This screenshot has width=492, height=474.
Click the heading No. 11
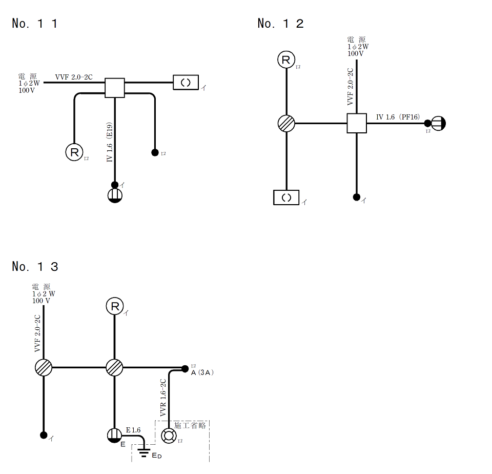click(x=34, y=24)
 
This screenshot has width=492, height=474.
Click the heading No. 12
click(x=280, y=24)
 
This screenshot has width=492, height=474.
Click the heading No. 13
click(x=35, y=267)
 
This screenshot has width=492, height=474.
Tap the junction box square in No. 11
click(x=114, y=88)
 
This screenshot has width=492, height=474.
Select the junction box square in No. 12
click(x=357, y=123)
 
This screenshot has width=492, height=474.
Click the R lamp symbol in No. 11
click(x=74, y=152)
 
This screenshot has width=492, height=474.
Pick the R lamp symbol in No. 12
click(x=286, y=60)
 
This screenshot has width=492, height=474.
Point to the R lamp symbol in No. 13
click(x=115, y=306)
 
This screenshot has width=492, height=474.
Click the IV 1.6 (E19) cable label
click(x=109, y=142)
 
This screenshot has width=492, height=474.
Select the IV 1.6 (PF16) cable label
click(x=398, y=117)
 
